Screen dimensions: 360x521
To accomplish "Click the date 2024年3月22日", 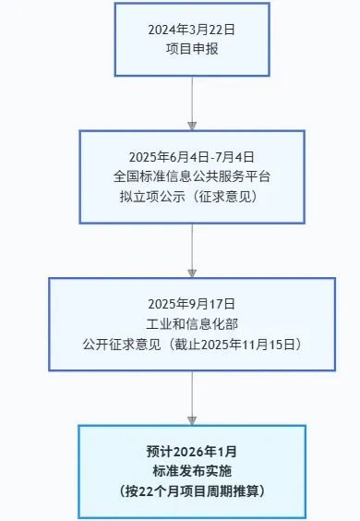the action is point(192,30).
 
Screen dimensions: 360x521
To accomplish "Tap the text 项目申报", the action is point(192,48).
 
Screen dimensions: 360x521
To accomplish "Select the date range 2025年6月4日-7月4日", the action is point(192,157).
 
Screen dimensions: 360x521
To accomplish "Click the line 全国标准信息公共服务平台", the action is point(192,176).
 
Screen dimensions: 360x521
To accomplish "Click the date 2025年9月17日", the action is point(192,304).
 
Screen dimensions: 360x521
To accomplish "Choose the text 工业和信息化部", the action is point(192,323).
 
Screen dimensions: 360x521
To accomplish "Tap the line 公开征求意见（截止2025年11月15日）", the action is point(192,343).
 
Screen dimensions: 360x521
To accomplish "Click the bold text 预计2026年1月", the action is point(192,453).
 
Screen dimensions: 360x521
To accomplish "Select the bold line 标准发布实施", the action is point(192,472).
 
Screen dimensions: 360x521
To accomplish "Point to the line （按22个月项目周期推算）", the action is point(192,491).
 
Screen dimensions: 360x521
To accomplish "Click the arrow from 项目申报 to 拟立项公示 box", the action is point(192,102).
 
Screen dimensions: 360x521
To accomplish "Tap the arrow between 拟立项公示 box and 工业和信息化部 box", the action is point(192,249).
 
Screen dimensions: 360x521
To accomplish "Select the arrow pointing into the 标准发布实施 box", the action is point(192,397).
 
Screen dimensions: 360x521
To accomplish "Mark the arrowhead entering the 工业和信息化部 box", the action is point(192,273).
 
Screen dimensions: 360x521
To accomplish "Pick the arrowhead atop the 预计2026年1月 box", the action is point(192,419).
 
